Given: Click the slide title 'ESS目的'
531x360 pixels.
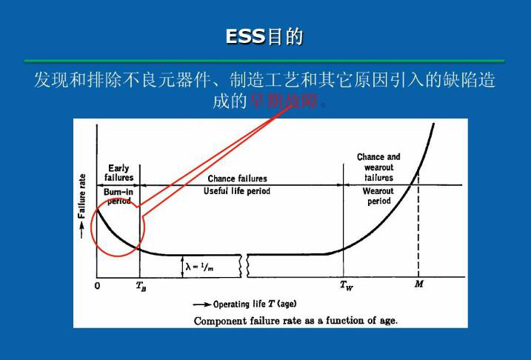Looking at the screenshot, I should click(265, 36).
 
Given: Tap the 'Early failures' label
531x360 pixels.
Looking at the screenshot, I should click(118, 173).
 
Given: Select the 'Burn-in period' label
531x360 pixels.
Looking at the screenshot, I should click(118, 196).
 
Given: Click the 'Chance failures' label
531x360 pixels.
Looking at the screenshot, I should click(237, 179).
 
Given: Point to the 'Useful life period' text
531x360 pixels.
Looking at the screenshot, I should click(237, 191).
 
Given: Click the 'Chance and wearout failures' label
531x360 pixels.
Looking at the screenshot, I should click(378, 167).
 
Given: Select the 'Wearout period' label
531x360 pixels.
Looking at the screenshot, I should click(378, 196).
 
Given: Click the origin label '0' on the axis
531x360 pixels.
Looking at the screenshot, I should click(97, 285).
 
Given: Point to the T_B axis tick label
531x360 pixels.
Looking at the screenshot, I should click(141, 286).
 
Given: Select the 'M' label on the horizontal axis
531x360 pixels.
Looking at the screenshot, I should click(418, 285).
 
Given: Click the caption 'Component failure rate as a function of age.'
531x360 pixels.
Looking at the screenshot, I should click(295, 320).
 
